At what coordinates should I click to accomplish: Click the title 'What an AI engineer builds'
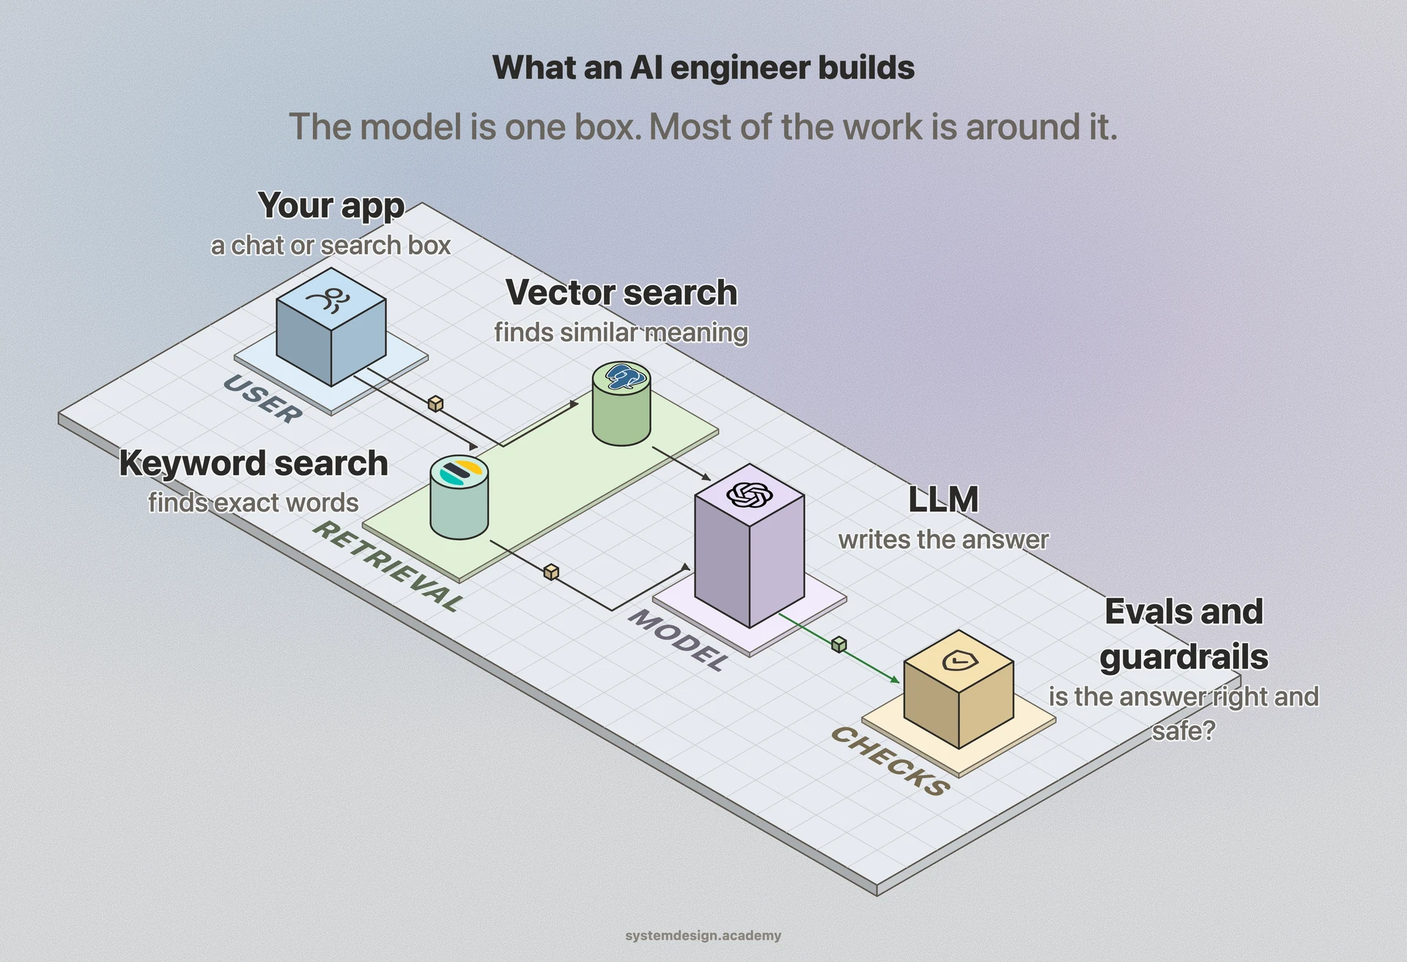click(x=703, y=67)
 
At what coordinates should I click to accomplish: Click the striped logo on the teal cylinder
click(x=460, y=473)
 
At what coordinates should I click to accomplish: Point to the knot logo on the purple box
click(x=750, y=495)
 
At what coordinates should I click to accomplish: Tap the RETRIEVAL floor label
click(x=388, y=566)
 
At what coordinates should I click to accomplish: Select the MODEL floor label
click(x=679, y=640)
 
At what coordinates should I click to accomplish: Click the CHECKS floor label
click(x=891, y=761)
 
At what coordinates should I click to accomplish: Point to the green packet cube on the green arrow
click(x=839, y=645)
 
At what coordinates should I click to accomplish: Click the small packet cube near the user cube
click(x=435, y=404)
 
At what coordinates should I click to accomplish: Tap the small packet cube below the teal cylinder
click(x=551, y=571)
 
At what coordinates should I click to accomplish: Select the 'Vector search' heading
click(x=621, y=292)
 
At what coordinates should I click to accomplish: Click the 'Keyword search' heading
click(x=254, y=464)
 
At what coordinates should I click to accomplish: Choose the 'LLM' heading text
click(x=943, y=500)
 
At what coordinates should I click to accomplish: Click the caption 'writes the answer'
click(x=943, y=540)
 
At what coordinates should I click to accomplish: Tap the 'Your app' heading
click(x=331, y=206)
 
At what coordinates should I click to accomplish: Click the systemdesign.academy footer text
click(x=703, y=936)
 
